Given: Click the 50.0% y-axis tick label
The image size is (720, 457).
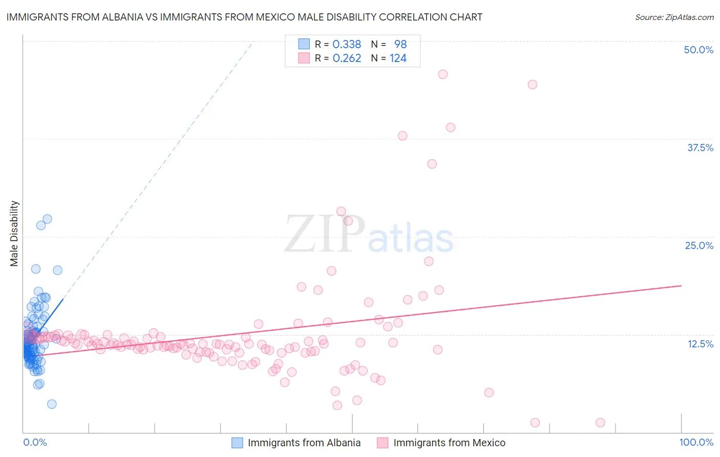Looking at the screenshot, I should click(698, 50).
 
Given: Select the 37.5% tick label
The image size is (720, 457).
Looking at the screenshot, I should click(700, 148).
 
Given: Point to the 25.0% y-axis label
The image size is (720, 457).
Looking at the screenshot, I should click(699, 245).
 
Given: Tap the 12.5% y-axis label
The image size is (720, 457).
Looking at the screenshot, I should click(700, 344).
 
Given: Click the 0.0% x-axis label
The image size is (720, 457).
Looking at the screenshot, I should click(35, 442).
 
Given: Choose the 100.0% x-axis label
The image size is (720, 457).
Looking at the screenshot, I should click(696, 442).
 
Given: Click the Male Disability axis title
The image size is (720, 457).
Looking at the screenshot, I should click(14, 233).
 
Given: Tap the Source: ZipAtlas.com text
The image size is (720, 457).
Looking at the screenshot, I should click(674, 17).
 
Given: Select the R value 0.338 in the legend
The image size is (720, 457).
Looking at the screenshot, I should click(347, 44).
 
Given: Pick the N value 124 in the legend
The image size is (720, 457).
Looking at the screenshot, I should click(398, 58).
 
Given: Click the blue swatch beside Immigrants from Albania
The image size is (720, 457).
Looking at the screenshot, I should click(237, 443).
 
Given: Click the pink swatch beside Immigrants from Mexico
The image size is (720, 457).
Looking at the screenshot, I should click(383, 443).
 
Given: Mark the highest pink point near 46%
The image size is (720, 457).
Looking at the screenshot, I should click(443, 74).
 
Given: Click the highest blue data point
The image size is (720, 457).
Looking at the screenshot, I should click(47, 219).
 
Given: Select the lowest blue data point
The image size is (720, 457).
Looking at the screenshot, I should click(52, 404).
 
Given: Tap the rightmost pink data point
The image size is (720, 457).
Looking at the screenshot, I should click(600, 423).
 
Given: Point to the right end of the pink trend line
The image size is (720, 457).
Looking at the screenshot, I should click(682, 285).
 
